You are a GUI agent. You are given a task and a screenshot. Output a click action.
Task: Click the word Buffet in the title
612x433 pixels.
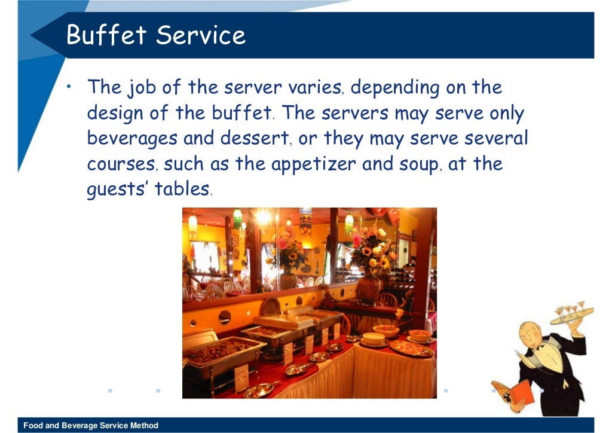[105, 35]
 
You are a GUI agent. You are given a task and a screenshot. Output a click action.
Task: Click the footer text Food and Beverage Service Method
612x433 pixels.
[91, 426]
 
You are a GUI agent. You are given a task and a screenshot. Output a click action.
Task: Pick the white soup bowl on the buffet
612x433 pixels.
[374, 338]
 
